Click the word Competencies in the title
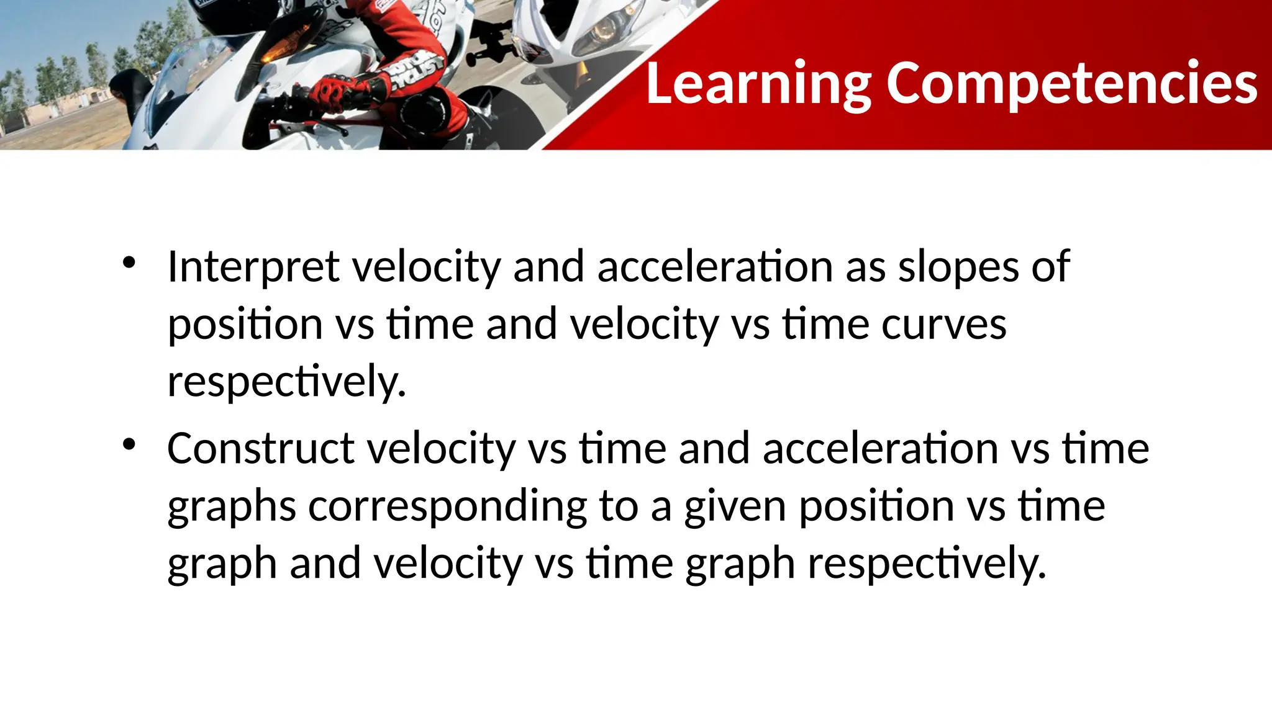point(1071,84)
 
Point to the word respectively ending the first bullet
point(286,382)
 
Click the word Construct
point(261,448)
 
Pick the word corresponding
point(447,506)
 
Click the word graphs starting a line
point(231,506)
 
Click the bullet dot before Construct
point(129,444)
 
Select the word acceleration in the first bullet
point(714,267)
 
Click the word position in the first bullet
point(245,325)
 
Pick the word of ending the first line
point(1050,267)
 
